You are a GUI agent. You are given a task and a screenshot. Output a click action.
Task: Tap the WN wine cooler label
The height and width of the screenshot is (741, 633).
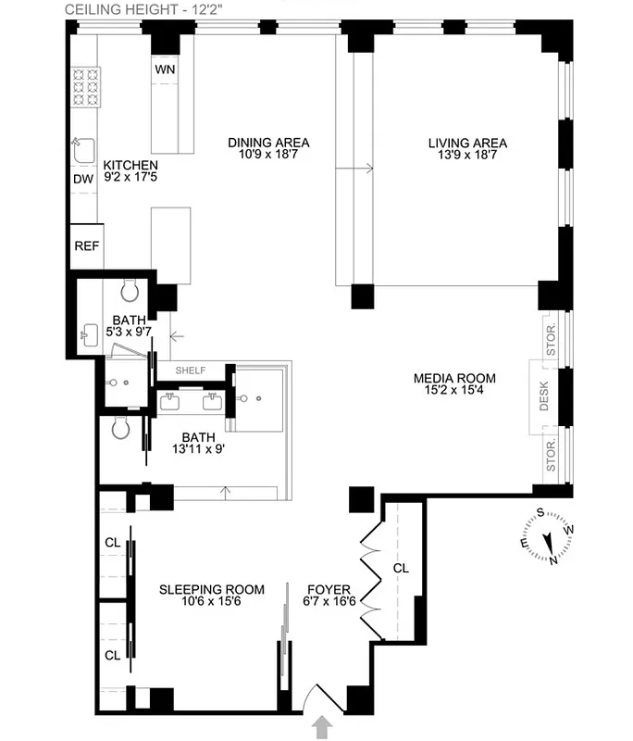(165, 70)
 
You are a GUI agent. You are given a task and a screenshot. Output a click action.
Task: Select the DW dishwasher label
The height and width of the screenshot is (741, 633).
(83, 179)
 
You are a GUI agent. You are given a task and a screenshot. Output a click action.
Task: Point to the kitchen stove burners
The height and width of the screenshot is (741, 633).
(86, 86)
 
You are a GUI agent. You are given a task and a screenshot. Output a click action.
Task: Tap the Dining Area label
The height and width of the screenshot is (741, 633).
(268, 143)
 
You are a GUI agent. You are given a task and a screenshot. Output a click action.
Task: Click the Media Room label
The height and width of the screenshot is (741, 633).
(454, 378)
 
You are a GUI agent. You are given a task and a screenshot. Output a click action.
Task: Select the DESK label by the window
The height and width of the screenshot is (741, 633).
(544, 396)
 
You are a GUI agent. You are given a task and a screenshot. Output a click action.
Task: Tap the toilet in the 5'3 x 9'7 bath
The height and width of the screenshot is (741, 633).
(130, 292)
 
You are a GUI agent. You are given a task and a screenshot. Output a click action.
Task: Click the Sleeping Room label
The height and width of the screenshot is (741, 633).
(211, 589)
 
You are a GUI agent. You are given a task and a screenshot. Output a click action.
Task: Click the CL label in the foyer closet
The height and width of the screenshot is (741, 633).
(400, 568)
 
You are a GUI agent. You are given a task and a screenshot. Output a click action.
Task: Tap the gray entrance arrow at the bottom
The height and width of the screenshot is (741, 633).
(323, 727)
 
